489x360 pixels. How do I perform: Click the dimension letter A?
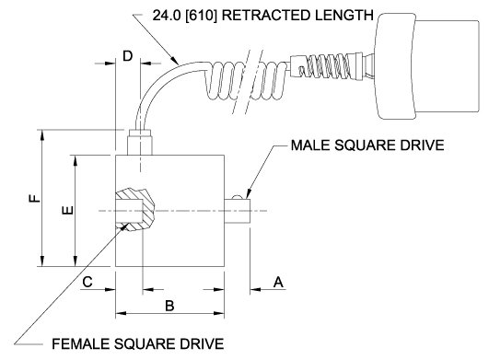point(278,282)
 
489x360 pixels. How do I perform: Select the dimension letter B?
point(169,306)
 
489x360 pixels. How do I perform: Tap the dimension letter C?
point(87,282)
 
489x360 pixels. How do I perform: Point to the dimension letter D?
point(128,56)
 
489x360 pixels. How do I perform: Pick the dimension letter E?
point(68,211)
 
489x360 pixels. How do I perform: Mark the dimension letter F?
point(35,198)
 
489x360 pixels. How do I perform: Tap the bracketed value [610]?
point(201,15)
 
